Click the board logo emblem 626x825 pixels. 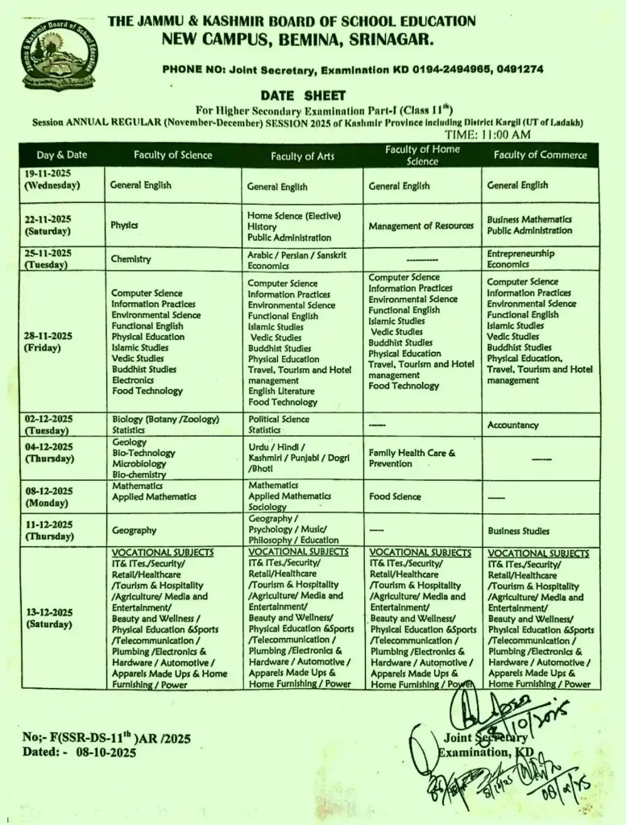click(x=58, y=55)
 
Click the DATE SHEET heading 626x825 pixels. click(x=302, y=95)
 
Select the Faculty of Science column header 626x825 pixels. click(x=173, y=155)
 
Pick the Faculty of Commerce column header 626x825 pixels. click(x=540, y=155)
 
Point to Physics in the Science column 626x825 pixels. click(x=125, y=226)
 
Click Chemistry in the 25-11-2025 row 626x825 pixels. click(x=131, y=259)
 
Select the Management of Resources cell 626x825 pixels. click(x=421, y=226)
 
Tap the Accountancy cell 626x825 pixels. click(x=512, y=425)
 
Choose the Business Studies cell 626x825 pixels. click(x=518, y=531)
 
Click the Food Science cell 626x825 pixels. click(x=395, y=497)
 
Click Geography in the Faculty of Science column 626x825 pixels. click(x=135, y=531)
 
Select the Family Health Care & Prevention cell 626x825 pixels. click(x=412, y=458)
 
